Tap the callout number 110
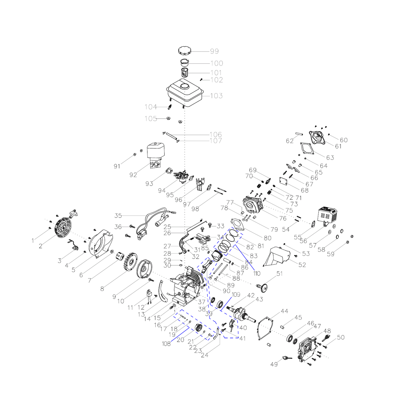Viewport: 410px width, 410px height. pos(257,273)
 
